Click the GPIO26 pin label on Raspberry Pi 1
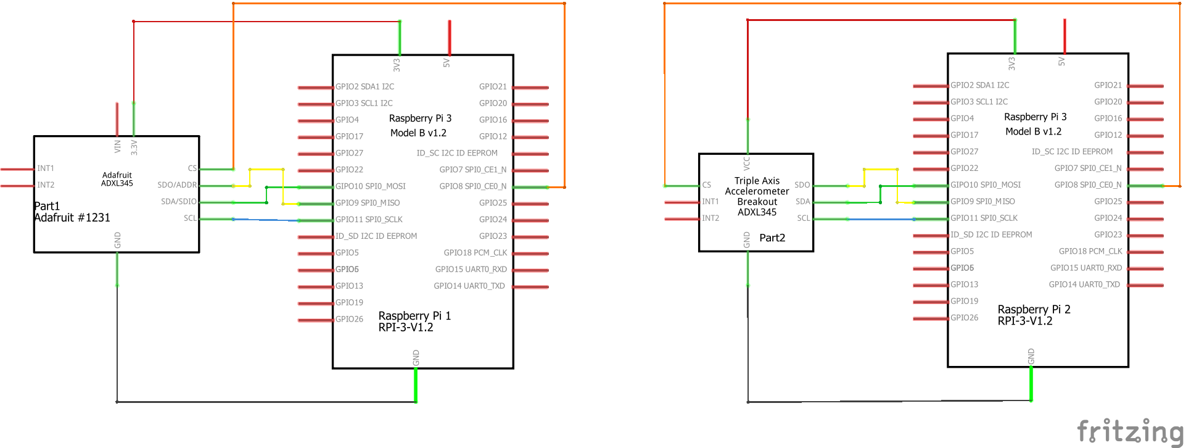click(349, 319)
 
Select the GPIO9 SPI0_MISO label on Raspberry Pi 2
click(982, 201)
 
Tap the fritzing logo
click(1130, 431)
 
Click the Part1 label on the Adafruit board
click(47, 206)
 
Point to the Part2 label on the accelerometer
click(772, 238)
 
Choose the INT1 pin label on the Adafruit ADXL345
click(46, 168)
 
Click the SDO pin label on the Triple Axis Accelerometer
click(802, 185)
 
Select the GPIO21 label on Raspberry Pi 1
click(493, 87)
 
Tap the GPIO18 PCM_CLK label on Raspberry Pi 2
click(1090, 251)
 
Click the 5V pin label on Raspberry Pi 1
click(447, 63)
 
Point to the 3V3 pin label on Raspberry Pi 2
click(1011, 63)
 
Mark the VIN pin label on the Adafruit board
click(117, 147)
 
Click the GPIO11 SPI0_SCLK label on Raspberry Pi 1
click(369, 219)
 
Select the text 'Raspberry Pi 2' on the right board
click(1034, 309)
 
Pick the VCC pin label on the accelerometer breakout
click(746, 164)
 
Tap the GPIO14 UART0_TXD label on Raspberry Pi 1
click(469, 286)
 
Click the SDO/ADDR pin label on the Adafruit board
click(177, 185)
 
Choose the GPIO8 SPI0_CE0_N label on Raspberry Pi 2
click(1087, 185)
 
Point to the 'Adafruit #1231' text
click(72, 217)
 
